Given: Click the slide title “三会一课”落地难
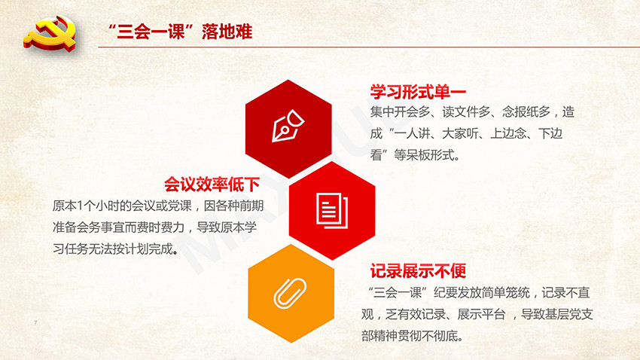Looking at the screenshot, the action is coord(180,32).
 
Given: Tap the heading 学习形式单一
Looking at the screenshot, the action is coord(418,92).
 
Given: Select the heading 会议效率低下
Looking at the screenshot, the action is coord(212,185).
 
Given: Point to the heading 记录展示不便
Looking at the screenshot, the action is coord(418,271).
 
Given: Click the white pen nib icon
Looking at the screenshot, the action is coord(288,125).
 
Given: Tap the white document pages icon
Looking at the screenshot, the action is coord(332,211).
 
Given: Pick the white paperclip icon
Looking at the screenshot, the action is coord(290,294).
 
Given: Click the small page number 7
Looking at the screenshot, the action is coord(35,323).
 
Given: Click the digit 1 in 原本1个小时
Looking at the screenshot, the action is coord(80,206).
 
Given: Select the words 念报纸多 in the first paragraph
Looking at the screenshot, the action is coord(526,111).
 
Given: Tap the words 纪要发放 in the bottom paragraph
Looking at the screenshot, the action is coord(457,293).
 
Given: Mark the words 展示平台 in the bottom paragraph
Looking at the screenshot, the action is coord(481,314).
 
